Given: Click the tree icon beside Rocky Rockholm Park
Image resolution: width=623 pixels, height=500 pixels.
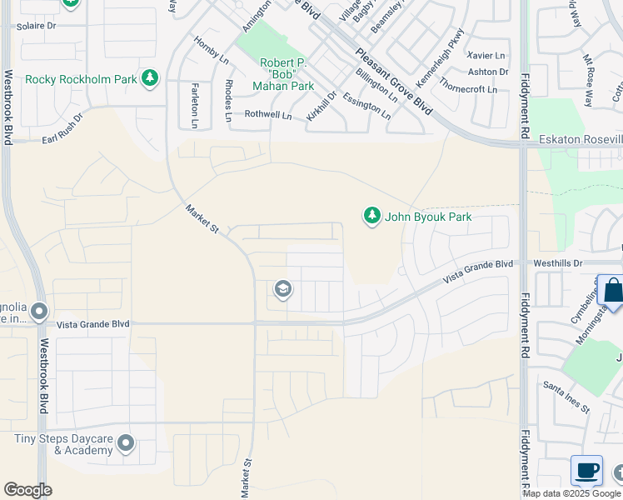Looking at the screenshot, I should coord(150,79).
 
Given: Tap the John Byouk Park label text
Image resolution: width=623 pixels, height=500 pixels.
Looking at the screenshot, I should coord(428,217).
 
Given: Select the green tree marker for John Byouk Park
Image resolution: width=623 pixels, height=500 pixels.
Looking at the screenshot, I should coord(371,217).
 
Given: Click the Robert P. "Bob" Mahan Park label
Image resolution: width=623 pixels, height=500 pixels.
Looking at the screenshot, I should coord(287,74).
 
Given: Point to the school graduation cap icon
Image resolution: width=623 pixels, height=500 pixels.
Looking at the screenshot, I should coord(282,289).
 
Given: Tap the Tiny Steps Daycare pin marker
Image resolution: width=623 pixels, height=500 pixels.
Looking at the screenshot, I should coord(126,442).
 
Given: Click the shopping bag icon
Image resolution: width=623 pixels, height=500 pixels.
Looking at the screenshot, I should coord(613,291).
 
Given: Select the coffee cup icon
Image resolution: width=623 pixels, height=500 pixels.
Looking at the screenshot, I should coord(587,470).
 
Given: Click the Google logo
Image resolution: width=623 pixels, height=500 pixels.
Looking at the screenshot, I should coord(27,490).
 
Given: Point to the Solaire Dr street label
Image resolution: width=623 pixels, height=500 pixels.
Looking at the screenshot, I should coord(36,26).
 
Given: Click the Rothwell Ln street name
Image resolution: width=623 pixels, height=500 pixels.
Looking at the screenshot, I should coord(267,115).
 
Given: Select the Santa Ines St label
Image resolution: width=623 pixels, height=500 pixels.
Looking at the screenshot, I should coord(566,397).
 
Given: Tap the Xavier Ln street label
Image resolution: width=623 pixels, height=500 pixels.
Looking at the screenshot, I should coord(487,55).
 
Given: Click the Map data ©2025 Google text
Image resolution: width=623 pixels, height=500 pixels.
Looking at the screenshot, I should coord(572,493).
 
